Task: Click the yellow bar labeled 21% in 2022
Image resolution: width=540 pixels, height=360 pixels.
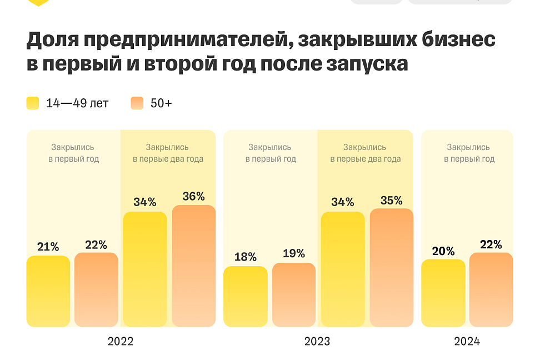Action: (x=48, y=291)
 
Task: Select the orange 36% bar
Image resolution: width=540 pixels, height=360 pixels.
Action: (x=194, y=266)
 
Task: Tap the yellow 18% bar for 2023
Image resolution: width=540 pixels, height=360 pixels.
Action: (x=245, y=297)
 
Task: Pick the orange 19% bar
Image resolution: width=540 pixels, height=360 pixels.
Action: (x=294, y=295)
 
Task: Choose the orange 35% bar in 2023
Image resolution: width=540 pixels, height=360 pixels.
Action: (x=392, y=268)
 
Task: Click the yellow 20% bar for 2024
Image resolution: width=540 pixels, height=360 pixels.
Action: (x=443, y=293)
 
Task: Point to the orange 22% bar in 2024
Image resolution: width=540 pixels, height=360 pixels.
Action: (x=491, y=290)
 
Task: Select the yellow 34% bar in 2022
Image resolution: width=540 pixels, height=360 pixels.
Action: (x=145, y=269)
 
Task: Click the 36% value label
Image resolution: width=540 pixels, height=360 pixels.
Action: (x=194, y=196)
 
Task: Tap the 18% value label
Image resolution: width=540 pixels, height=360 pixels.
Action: (x=245, y=257)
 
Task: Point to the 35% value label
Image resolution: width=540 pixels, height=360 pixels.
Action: (x=392, y=200)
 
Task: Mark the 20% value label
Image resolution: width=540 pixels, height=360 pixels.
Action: (x=443, y=251)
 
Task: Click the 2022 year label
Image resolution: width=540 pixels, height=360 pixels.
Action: (x=121, y=341)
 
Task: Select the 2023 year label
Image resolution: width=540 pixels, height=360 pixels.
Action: (x=317, y=341)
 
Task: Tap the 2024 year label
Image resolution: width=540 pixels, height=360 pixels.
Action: (x=467, y=341)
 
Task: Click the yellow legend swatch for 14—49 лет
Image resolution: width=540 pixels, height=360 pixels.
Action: (x=33, y=103)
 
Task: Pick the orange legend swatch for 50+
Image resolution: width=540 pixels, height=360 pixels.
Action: (x=137, y=103)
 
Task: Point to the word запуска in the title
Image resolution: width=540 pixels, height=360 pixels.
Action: (x=365, y=64)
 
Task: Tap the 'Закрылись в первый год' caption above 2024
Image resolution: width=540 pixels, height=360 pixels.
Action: (x=468, y=153)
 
